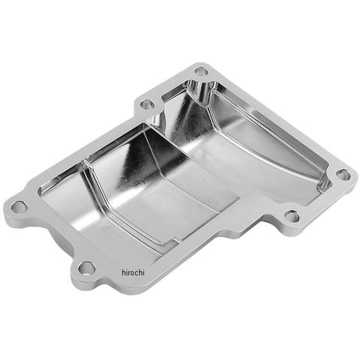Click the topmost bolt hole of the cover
coord(201,71)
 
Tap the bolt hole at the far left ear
coord(19,206)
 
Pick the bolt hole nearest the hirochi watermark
coord(86,268)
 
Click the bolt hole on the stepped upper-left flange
coord(147,103)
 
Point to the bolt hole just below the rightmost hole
coord(292,216)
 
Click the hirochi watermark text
coord(133,272)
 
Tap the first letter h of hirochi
coord(124,272)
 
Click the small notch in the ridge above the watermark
coord(177,241)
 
